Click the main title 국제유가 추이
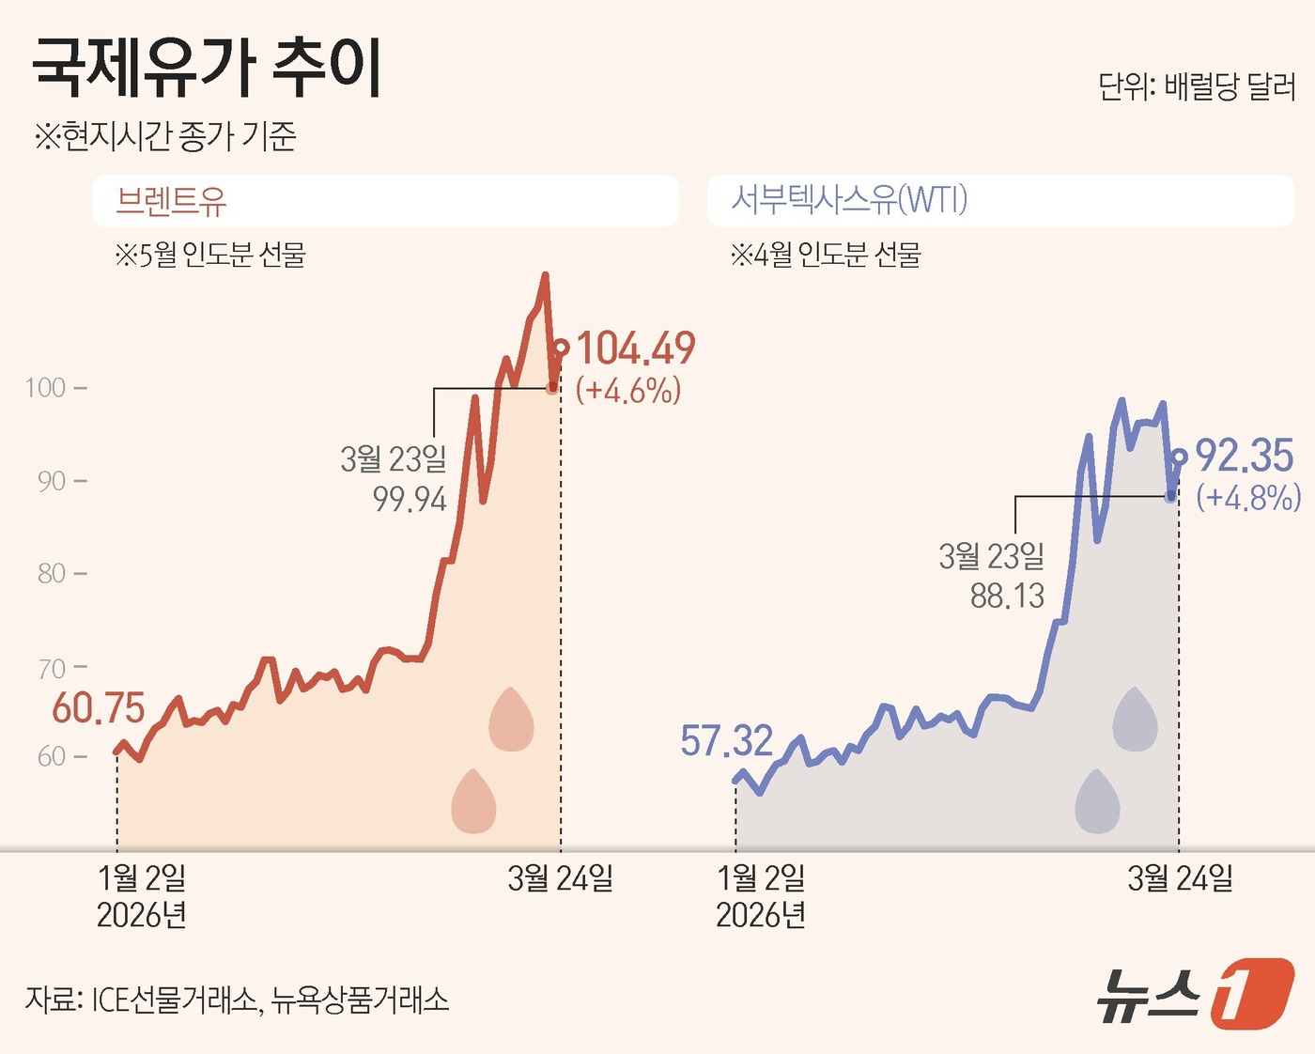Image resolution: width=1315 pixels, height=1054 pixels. coord(208,69)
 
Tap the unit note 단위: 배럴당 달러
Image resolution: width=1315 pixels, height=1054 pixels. coord(1197,87)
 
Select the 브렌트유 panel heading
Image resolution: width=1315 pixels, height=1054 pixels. coord(171,201)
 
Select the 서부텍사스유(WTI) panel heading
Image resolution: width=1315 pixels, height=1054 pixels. coord(849,200)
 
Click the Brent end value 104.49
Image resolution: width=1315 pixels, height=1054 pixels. coord(636,349)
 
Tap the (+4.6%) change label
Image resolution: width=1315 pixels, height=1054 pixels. coord(628,390)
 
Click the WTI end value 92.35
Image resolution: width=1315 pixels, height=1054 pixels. coord(1245,457)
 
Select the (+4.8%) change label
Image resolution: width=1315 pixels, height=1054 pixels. coord(1248,497)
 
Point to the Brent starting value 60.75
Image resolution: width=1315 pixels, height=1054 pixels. coord(99,708)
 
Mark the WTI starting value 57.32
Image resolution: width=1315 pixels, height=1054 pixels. coord(726,741)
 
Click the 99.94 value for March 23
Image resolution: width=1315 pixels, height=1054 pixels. coord(410,499)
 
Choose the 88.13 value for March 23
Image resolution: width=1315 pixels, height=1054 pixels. coord(1007,596)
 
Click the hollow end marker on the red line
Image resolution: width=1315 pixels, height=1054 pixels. coord(561,349)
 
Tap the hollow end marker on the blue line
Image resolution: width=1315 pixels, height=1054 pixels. coord(1179,457)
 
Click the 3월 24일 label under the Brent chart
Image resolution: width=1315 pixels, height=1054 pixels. coord(560,878)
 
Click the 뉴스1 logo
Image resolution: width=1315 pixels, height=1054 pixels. coord(1195,993)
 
